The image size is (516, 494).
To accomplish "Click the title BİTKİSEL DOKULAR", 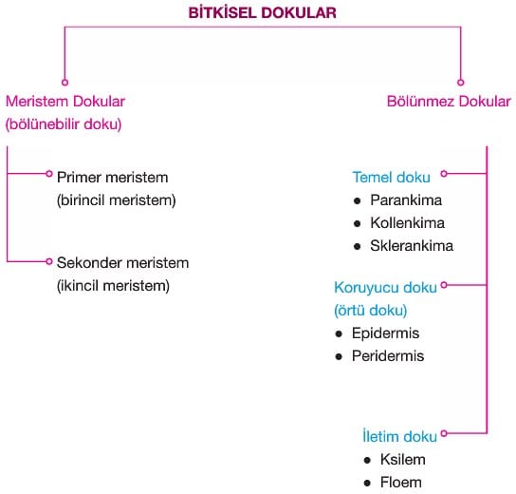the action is tap(263, 13).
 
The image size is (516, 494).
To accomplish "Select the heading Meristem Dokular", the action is tap(65, 101).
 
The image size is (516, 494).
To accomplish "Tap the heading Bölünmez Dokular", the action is tap(449, 101).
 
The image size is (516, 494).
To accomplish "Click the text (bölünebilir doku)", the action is tap(64, 124).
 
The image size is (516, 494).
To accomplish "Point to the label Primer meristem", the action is tap(113, 178).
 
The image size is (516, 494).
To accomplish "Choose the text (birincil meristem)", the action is tap(117, 200).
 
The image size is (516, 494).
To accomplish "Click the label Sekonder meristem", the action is tap(122, 262).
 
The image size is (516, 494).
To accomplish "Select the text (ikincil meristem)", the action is tap(113, 286).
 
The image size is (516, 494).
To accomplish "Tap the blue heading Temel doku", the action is tap(392, 178).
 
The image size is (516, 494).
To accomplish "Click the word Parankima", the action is tap(406, 200).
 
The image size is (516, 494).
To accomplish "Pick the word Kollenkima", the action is tap(408, 223).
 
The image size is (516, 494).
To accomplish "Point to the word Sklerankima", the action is tap(412, 245).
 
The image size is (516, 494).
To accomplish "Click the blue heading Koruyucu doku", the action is tap(385, 287).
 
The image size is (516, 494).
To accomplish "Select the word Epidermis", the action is tap(385, 332).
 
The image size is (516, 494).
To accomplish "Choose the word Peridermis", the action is tap(388, 356).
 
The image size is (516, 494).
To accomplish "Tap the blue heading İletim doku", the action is tap(399, 436).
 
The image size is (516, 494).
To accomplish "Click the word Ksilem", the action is tap(403, 460).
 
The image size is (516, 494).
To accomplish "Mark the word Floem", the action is tap(401, 483).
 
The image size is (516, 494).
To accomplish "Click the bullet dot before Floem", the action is tap(367, 484).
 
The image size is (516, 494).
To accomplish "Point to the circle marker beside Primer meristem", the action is tap(49, 174).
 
